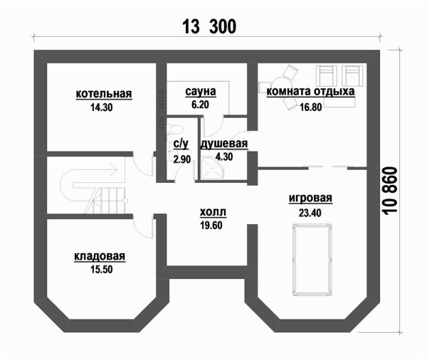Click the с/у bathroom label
pos(181,144)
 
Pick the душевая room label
pos(223,144)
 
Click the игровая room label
pos(311,198)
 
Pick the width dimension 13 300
pos(209,27)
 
